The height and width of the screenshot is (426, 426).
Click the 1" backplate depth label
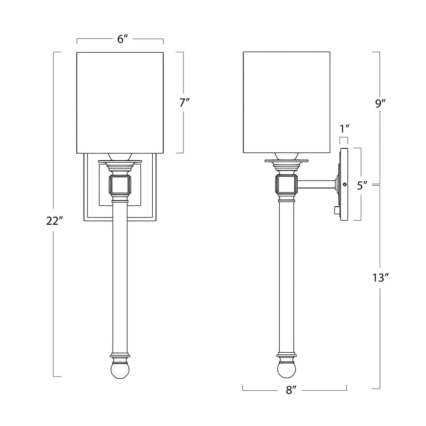tap(344, 129)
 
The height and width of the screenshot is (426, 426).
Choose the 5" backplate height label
tap(362, 186)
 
